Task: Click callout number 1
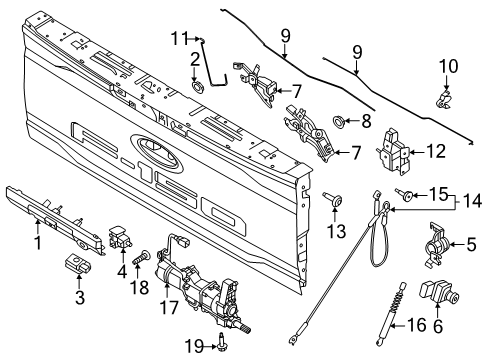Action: pyautogui.click(x=39, y=241)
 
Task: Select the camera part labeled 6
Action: pyautogui.click(x=437, y=294)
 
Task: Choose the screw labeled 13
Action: pyautogui.click(x=330, y=204)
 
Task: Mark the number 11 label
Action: pyautogui.click(x=179, y=39)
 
